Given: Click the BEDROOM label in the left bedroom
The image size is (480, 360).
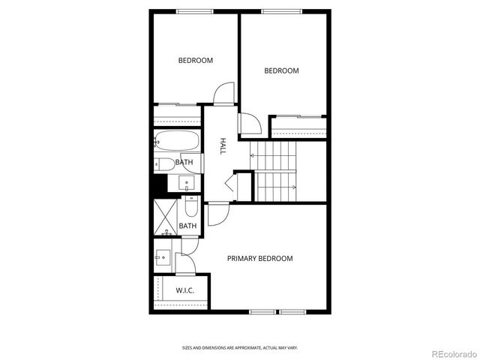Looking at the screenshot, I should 195,61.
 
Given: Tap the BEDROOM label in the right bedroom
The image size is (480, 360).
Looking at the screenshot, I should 281,71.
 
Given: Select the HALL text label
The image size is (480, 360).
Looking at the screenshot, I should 223,146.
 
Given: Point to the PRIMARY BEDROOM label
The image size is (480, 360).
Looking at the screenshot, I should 259,259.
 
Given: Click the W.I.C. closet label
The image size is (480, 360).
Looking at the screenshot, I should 184,290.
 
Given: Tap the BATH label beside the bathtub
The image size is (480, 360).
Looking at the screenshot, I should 184,162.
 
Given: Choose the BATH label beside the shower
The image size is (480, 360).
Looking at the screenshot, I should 187,226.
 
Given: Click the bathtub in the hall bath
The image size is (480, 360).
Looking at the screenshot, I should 177,140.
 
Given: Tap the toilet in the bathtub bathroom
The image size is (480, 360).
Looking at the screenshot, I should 164,163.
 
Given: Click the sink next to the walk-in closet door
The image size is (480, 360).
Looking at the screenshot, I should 162,257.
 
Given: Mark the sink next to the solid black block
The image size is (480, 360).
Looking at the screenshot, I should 184,182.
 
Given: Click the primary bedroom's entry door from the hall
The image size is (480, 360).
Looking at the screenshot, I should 217,214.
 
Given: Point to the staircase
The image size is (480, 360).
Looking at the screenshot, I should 275,171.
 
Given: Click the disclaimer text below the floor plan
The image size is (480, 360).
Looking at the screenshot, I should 239,348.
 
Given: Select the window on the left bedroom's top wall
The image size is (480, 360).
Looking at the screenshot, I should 194,10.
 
